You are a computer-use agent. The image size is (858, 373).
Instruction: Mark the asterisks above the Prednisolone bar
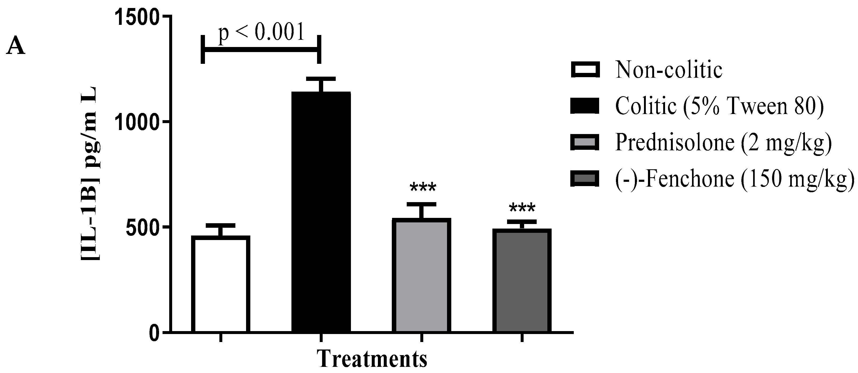point(423,188)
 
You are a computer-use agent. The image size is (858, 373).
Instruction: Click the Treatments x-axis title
point(372,359)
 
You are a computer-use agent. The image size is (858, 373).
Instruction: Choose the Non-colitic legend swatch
point(585,70)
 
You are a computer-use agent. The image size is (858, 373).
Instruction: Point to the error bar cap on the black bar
point(321,79)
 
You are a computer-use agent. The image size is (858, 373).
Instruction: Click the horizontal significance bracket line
point(261,50)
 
